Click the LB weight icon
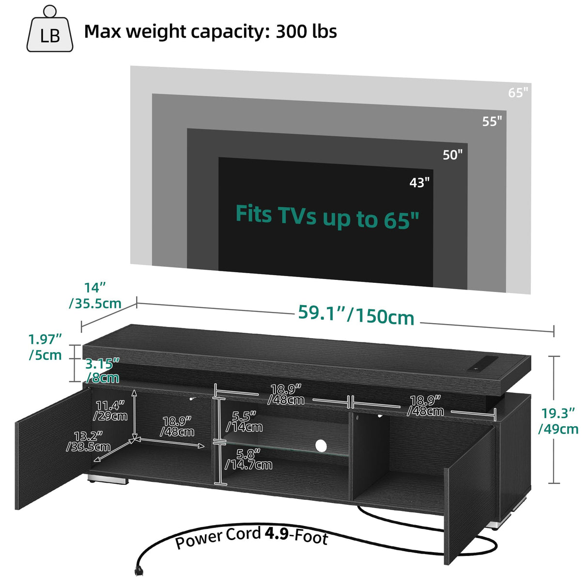click(x=50, y=30)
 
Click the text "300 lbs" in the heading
click(x=306, y=31)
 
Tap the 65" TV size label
click(x=518, y=93)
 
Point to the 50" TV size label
click(x=452, y=155)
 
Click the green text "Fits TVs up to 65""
click(x=327, y=216)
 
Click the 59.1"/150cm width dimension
click(x=356, y=315)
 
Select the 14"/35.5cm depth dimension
click(x=95, y=295)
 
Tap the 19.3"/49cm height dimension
click(x=558, y=420)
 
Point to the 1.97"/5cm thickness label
click(x=45, y=347)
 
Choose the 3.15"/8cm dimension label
click(x=102, y=371)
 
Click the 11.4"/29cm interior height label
click(x=110, y=411)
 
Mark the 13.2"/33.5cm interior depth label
click(x=88, y=441)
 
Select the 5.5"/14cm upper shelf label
click(x=244, y=421)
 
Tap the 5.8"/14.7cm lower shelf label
click(x=248, y=459)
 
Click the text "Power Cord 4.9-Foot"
click(x=251, y=537)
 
